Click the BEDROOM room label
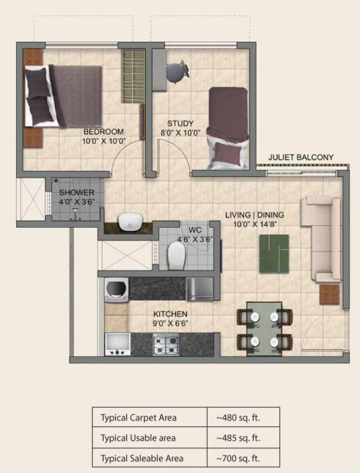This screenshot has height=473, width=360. (104, 131)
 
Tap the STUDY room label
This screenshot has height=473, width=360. (180, 123)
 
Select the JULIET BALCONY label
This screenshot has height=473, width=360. (301, 158)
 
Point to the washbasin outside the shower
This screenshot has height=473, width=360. (129, 221)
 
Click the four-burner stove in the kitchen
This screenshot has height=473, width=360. (165, 344)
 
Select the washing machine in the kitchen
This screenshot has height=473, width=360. (115, 289)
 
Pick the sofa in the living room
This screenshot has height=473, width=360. (321, 238)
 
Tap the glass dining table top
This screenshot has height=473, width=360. (264, 328)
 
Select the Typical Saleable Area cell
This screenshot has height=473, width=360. (150, 458)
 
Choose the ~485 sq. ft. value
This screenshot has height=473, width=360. (238, 438)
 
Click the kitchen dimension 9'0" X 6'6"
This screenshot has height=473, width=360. (171, 322)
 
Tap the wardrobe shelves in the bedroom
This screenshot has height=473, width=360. (132, 76)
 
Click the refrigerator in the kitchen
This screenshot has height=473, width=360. (200, 289)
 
